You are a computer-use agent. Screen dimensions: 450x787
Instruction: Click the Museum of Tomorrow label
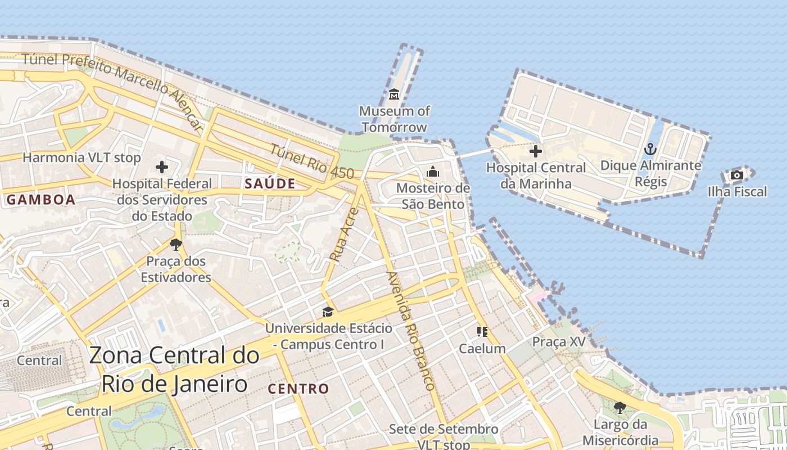coord(394,119)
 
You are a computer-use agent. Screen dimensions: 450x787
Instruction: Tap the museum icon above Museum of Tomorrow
coord(393,94)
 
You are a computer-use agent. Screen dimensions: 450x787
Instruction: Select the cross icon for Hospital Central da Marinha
coord(536,151)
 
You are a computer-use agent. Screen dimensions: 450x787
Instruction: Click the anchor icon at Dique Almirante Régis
coord(650,149)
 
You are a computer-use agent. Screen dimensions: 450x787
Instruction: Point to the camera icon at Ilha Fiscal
coord(736,175)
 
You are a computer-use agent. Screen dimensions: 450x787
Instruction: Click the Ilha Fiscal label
coord(737,192)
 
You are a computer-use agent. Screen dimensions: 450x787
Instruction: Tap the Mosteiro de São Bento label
coord(433,195)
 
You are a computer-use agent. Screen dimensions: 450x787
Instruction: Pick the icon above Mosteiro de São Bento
coord(433,172)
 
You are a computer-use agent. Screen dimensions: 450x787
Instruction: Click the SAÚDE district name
coord(270,183)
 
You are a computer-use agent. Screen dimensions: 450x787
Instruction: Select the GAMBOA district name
coord(41,200)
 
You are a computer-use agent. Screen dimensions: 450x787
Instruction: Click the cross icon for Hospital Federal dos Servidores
coord(162,167)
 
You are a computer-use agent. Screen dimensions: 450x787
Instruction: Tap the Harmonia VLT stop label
coord(82,157)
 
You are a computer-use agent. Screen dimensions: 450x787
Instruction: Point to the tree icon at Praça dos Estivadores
coord(175,244)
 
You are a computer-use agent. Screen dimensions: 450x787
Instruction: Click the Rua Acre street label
coord(343,235)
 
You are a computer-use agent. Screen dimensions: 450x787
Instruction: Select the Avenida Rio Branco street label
coord(410,331)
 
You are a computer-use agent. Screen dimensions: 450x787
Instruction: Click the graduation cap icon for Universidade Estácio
coord(328,312)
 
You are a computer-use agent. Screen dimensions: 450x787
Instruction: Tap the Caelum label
coord(482,348)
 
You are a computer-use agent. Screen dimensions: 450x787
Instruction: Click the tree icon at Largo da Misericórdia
coord(620,407)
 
